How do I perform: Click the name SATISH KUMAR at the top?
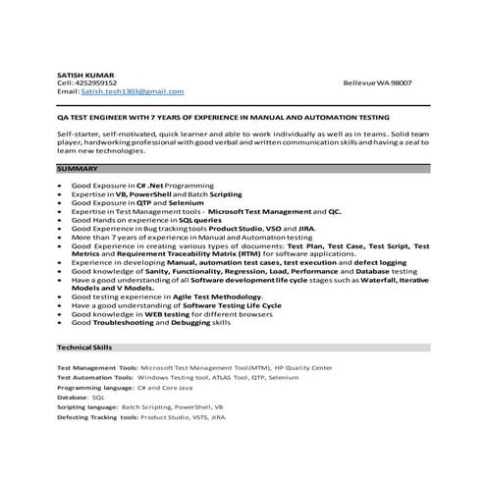[86, 75]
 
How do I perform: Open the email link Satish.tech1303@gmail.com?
[128, 91]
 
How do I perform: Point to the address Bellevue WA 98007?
[378, 82]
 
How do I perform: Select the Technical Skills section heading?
[84, 348]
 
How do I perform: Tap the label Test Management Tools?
[96, 367]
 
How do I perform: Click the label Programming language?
[94, 387]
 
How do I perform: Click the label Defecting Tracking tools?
[97, 416]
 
